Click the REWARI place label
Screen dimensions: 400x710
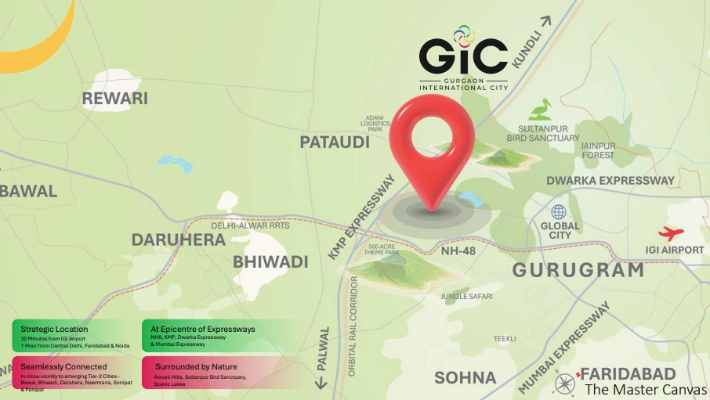click(x=115, y=99)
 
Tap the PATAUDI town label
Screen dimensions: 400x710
click(x=335, y=142)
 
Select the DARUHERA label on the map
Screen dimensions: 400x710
click(x=178, y=240)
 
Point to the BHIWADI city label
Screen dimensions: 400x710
click(x=270, y=261)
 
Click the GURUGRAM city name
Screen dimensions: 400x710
click(x=578, y=271)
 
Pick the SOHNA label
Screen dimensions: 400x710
click(x=465, y=377)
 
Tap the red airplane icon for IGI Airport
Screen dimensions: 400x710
click(x=671, y=233)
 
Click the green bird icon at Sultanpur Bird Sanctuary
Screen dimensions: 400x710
click(x=540, y=110)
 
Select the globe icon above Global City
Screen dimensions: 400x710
click(x=559, y=212)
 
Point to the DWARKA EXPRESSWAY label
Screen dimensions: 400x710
click(x=610, y=181)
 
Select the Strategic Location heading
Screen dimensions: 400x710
click(x=54, y=329)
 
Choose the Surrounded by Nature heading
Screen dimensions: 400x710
click(x=194, y=366)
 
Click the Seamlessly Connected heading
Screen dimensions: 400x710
click(x=63, y=366)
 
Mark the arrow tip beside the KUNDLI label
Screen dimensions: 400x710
click(x=547, y=19)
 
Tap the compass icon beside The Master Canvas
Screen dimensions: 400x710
click(x=566, y=383)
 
